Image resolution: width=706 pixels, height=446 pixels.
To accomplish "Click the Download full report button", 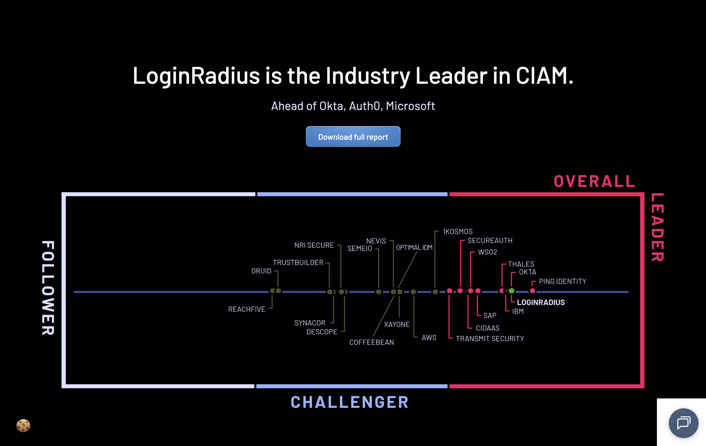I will [x=353, y=137].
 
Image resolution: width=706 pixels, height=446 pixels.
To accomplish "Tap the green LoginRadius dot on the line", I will [x=511, y=291].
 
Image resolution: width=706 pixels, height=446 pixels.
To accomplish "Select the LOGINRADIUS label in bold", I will [x=541, y=302].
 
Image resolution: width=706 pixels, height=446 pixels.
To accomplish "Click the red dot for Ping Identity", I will [x=532, y=291].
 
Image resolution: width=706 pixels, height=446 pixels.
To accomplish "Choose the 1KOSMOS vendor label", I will [x=457, y=231].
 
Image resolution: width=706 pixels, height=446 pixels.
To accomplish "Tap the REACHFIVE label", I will [x=247, y=309].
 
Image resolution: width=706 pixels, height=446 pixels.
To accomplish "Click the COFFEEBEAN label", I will [x=372, y=342].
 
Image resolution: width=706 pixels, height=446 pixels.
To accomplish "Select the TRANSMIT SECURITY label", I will [x=490, y=338].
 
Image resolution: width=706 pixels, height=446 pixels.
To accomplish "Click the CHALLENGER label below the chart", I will [x=350, y=402].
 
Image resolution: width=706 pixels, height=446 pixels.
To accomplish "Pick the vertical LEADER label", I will [x=657, y=227].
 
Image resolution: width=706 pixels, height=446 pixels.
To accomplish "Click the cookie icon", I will [x=23, y=425].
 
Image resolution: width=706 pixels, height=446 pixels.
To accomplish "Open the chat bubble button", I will [x=683, y=423].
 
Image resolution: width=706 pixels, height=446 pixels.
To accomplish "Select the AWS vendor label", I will [x=429, y=337].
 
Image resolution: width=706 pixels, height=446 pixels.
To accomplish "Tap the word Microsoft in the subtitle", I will [x=410, y=106].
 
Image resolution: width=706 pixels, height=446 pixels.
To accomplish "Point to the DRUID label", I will [x=261, y=271].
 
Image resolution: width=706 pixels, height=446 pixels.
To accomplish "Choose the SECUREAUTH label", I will [x=490, y=241].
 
